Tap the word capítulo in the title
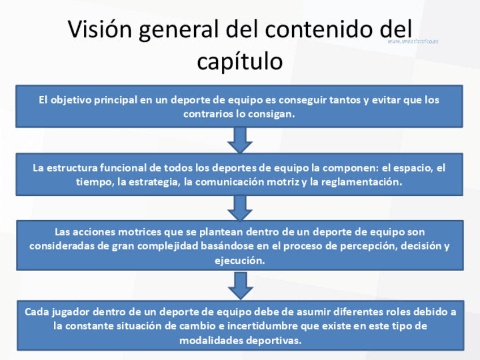coord(239,61)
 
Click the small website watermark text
coord(413,41)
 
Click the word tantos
coord(338,100)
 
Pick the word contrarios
coord(206,113)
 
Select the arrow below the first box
coord(240,139)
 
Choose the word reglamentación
coord(362,182)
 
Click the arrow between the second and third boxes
coord(240,207)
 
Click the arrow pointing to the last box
coord(240,286)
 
